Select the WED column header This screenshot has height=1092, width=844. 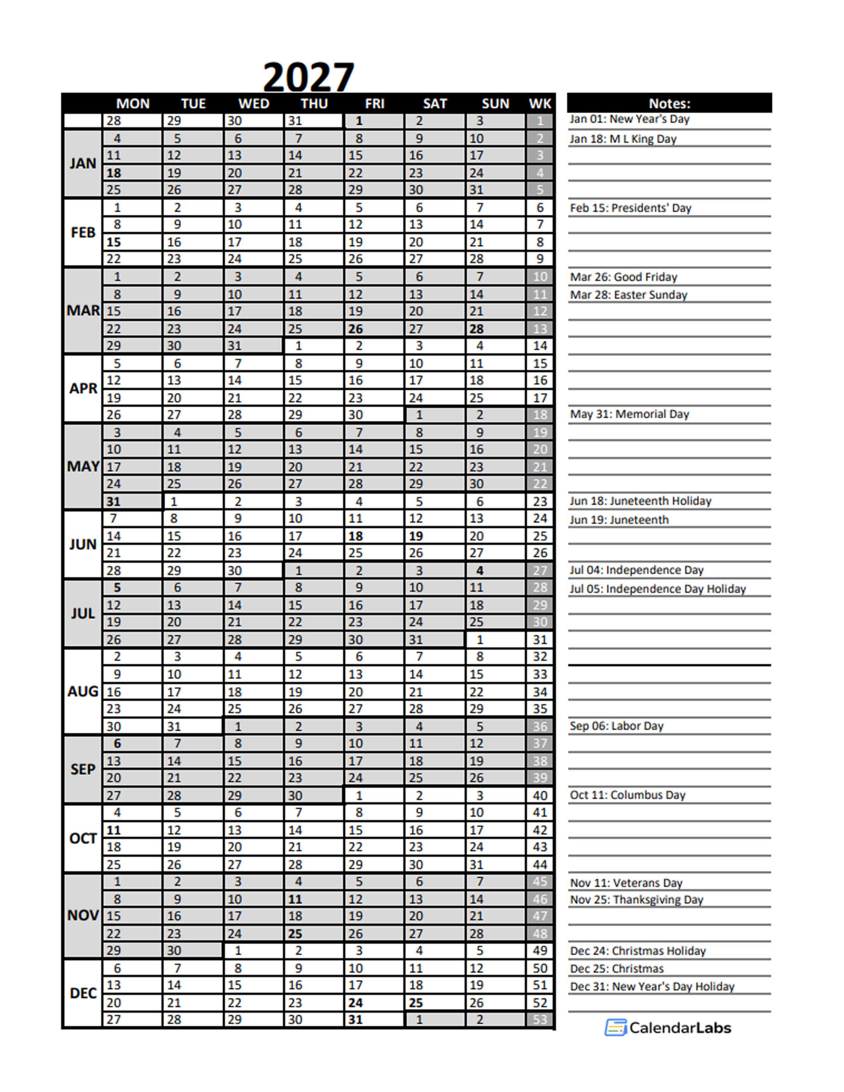[x=254, y=104]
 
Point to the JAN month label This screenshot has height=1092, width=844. [x=83, y=163]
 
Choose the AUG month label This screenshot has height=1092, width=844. [x=83, y=692]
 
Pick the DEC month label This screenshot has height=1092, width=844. [x=83, y=993]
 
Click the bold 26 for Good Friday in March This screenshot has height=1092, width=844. [x=355, y=329]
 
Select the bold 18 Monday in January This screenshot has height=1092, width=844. [x=114, y=173]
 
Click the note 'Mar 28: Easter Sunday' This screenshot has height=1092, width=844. [x=629, y=295]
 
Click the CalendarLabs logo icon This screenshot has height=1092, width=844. [x=616, y=1027]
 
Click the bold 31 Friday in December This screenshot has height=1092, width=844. [x=355, y=1020]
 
